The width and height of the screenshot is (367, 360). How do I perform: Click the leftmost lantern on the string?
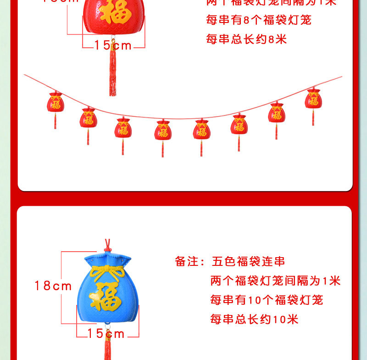click(x=56, y=102)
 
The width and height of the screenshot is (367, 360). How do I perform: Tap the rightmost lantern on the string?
click(x=313, y=99)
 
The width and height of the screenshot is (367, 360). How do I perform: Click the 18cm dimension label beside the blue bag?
click(x=53, y=286)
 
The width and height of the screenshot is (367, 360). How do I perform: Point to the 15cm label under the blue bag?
click(x=106, y=334)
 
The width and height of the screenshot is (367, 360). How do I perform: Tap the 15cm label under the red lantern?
click(x=113, y=45)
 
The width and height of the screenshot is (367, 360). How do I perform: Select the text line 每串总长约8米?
click(x=246, y=39)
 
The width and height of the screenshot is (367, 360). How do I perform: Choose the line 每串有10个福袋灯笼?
click(x=267, y=300)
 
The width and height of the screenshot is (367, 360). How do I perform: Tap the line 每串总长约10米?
click(x=254, y=319)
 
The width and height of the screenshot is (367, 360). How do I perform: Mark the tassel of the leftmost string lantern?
click(x=56, y=121)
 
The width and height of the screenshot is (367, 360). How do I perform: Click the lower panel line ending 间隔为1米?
click(x=275, y=281)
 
